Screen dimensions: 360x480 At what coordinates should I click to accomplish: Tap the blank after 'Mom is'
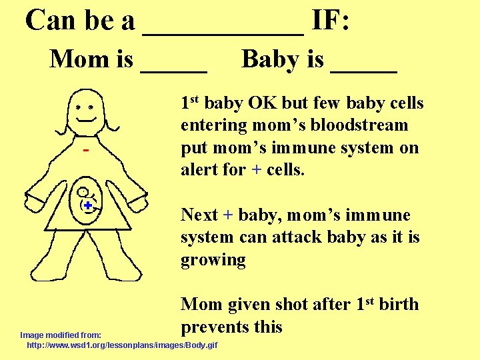(x=174, y=69)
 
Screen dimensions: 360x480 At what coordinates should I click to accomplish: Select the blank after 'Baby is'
(x=363, y=69)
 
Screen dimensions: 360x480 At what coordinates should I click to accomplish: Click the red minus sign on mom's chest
(x=86, y=151)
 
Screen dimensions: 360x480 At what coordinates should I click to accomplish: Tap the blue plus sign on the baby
(x=87, y=206)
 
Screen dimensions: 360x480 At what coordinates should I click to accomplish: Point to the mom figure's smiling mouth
(x=87, y=119)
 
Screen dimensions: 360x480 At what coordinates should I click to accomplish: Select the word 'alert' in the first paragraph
(x=201, y=169)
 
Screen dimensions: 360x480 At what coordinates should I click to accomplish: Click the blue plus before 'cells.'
(x=257, y=170)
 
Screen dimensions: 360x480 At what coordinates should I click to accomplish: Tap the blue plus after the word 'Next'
(x=228, y=215)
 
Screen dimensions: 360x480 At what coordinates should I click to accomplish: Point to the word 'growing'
(x=213, y=260)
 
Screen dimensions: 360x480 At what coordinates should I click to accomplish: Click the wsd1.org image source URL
(x=121, y=346)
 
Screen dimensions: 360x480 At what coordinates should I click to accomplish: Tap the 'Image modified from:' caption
(x=61, y=335)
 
